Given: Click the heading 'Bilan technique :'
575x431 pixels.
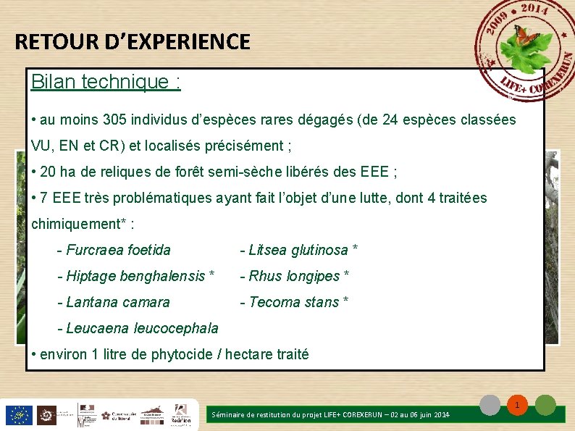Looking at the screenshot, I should (106, 82).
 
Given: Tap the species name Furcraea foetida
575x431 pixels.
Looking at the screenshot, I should (118, 250).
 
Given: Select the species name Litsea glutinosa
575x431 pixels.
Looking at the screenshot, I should (298, 250).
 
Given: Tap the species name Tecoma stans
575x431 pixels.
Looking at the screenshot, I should (293, 302).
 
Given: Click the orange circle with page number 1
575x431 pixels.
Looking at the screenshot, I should (518, 406).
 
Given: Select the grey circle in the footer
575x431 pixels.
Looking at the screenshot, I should (491, 406).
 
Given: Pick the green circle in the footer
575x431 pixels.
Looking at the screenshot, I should (545, 406).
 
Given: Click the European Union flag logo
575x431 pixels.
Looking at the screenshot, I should (18, 415).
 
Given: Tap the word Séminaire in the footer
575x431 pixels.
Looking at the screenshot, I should (228, 415).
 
